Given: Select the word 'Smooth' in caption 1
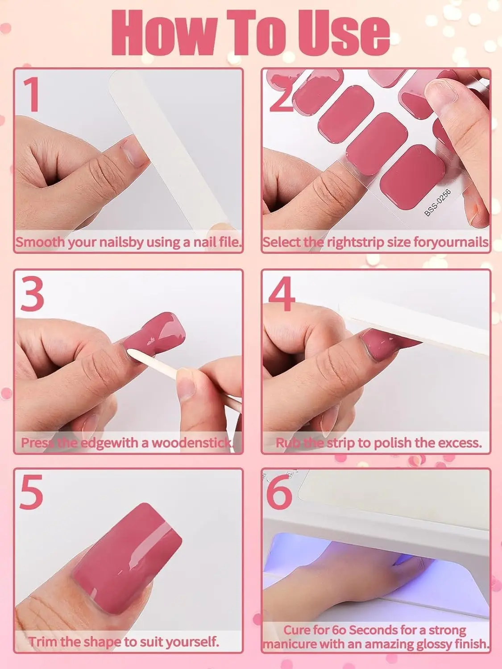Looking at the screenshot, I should tap(40, 242).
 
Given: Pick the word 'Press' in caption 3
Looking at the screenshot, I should tap(38, 443).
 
